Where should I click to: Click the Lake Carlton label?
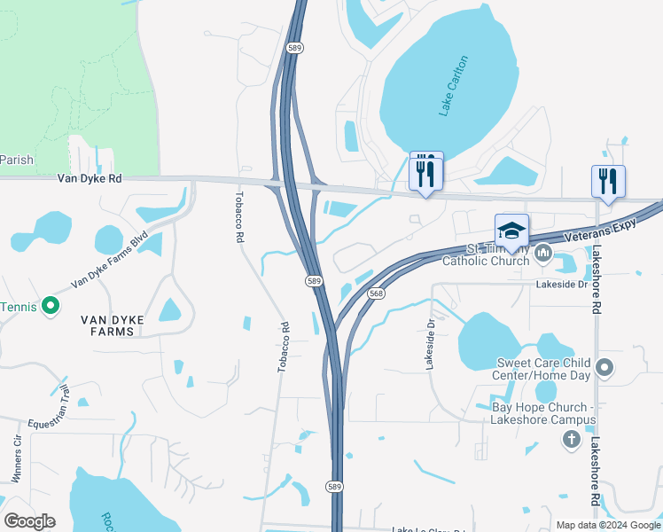pyautogui.click(x=453, y=86)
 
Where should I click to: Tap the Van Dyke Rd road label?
pyautogui.click(x=89, y=178)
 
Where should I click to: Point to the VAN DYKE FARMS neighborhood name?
pyautogui.click(x=107, y=325)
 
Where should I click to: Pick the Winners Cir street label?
pyautogui.click(x=18, y=458)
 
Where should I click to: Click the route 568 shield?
pyautogui.click(x=377, y=293)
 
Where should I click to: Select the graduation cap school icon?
pyautogui.click(x=511, y=231)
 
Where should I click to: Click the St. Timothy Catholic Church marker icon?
pyautogui.click(x=543, y=254)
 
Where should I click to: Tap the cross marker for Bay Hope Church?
pyautogui.click(x=572, y=439)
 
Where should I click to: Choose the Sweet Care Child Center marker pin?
pyautogui.click(x=604, y=367)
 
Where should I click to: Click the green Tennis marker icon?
pyautogui.click(x=51, y=307)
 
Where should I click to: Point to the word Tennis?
pyautogui.click(x=19, y=307)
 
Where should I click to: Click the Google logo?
pyautogui.click(x=29, y=520)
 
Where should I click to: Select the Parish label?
pyautogui.click(x=17, y=160)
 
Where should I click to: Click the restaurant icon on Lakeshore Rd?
pyautogui.click(x=608, y=181)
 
